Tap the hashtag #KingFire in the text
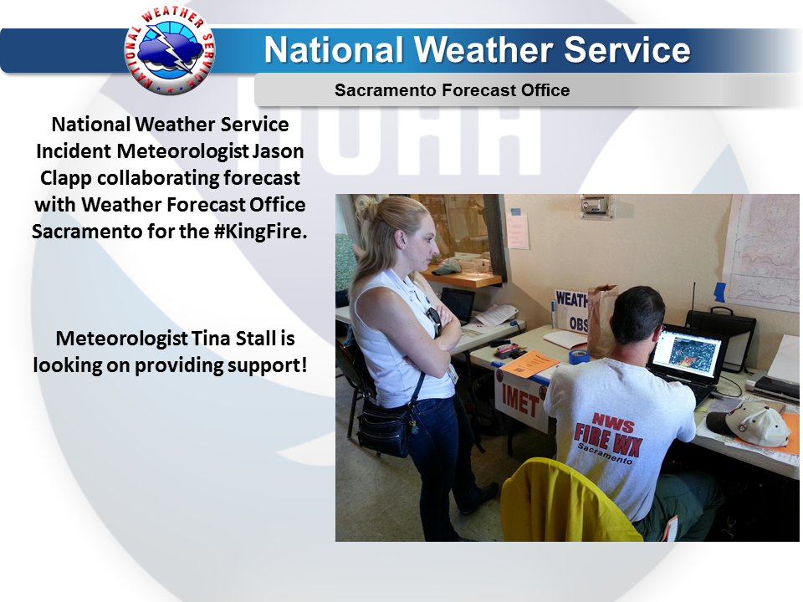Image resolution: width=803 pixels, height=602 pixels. (258, 232)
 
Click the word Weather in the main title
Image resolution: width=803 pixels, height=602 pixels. (483, 50)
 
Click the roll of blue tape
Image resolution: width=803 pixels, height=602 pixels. (578, 356)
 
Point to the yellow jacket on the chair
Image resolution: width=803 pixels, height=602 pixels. (569, 502)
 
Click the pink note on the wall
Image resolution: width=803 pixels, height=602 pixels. (518, 231)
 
